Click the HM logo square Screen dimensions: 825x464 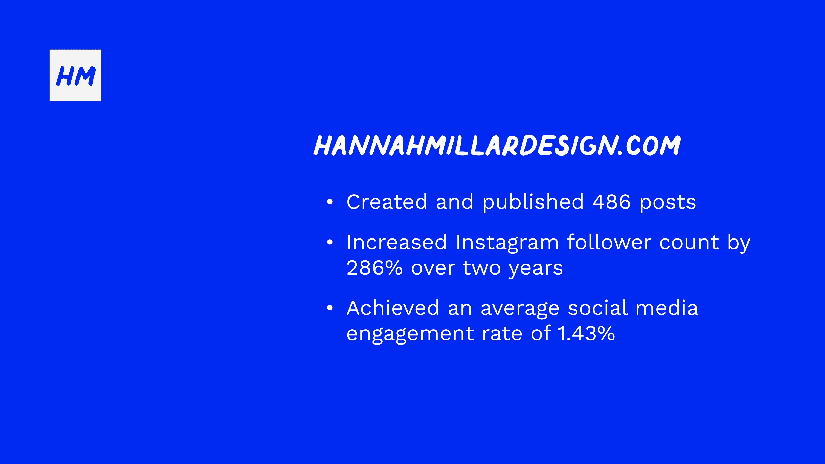point(75,75)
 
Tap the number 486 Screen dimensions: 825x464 point(612,202)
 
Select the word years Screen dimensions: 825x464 point(536,269)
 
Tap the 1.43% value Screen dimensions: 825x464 point(586,333)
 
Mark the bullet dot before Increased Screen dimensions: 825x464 point(330,242)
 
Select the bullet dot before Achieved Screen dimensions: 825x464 point(330,308)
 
